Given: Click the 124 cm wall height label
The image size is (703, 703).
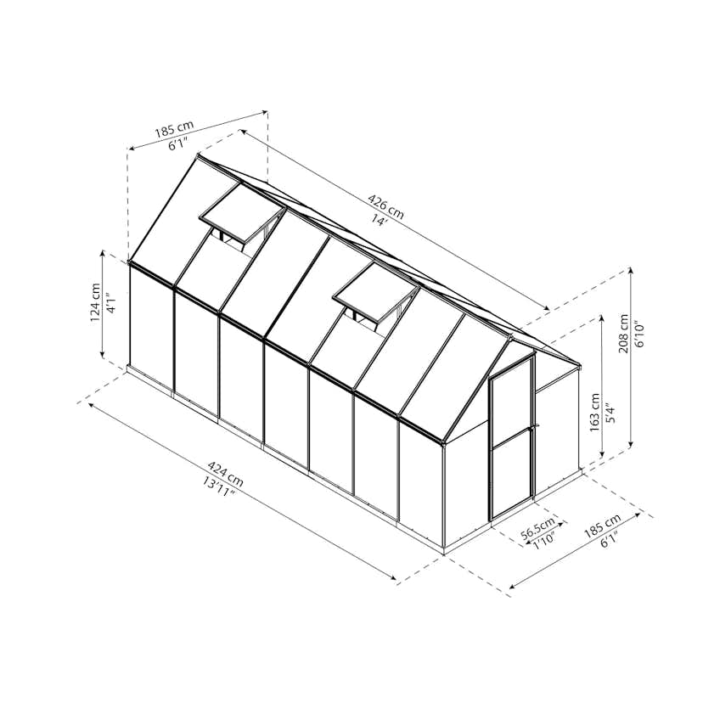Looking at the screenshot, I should tap(95, 302).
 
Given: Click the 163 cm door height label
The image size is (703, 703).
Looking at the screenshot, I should tap(594, 413).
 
